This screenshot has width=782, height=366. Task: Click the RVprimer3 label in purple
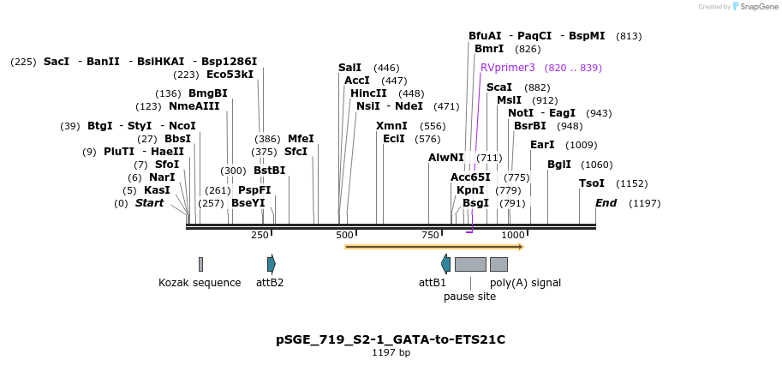coord(507,67)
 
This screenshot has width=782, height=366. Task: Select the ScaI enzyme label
coord(498,87)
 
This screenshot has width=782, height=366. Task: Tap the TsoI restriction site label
coord(592,183)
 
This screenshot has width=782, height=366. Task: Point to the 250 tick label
coord(260,235)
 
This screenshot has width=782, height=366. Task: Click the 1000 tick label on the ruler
coord(513,235)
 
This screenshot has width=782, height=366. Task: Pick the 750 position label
coord(430,235)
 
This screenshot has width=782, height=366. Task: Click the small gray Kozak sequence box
coord(200,264)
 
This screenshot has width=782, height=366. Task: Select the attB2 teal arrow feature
coord(271,264)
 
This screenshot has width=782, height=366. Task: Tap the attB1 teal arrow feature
coord(445,264)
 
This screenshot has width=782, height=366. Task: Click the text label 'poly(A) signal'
coord(525,282)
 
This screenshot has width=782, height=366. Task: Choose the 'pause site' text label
coord(469,297)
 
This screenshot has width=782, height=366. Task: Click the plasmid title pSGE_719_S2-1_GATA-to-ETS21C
coord(391,339)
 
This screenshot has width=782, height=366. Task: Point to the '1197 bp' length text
coord(391,352)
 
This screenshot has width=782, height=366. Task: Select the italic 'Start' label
coord(149,203)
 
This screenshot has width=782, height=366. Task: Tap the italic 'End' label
coord(606,203)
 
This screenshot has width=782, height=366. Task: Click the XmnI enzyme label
coord(391,126)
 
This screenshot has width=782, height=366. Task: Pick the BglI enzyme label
coord(559,165)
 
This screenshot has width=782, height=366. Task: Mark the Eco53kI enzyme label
coord(230,75)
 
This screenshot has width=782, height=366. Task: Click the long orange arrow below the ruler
coord(433,247)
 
